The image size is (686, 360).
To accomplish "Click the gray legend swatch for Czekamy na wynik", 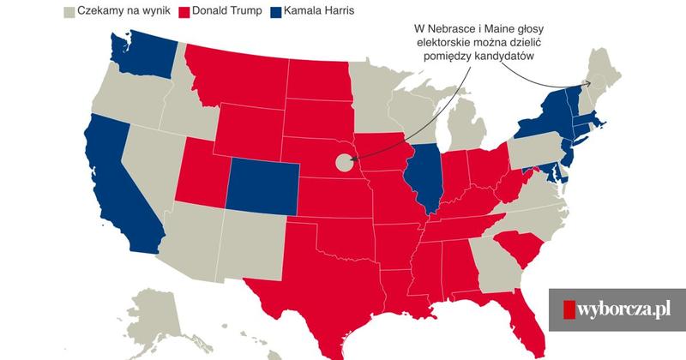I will tap(70, 12).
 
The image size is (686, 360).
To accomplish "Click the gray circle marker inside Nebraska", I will tap(344, 160).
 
